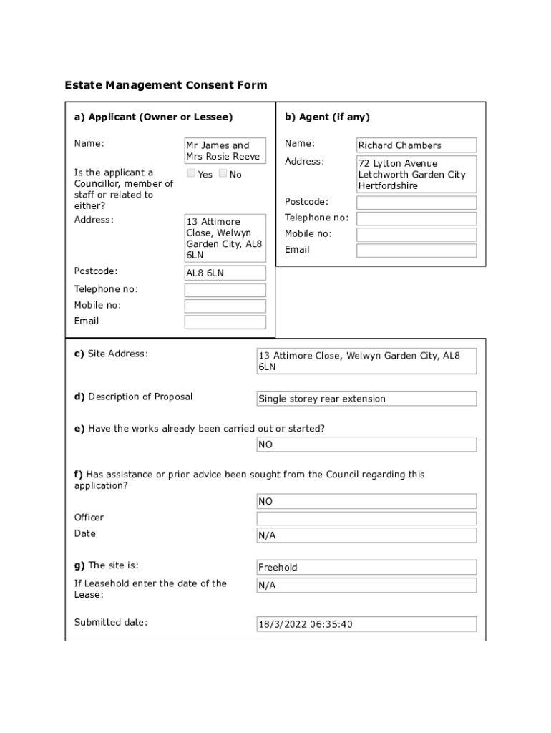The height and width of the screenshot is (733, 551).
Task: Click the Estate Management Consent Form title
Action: click(x=166, y=85)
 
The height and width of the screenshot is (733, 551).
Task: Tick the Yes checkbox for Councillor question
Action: click(x=191, y=173)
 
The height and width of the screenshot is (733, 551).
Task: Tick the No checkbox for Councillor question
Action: click(x=223, y=173)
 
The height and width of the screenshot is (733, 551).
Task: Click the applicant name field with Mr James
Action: click(x=225, y=151)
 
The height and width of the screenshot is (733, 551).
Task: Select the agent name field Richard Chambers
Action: click(x=416, y=145)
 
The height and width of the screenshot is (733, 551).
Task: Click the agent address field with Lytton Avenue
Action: click(x=416, y=175)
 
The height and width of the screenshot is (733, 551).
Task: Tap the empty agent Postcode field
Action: click(x=416, y=203)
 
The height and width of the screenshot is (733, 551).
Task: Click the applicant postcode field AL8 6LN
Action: click(x=225, y=273)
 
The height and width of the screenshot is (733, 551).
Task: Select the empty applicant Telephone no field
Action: click(x=225, y=290)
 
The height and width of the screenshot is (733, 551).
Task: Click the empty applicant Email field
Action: click(x=225, y=322)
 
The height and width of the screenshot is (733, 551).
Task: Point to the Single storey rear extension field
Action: click(x=366, y=399)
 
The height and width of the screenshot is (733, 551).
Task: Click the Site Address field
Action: click(x=366, y=361)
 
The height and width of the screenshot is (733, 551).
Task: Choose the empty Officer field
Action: click(x=366, y=518)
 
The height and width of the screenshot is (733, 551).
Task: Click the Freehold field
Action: click(x=366, y=568)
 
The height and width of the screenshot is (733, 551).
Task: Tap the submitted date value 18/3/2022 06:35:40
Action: click(x=366, y=624)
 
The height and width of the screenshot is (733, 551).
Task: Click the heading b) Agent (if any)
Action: click(x=327, y=117)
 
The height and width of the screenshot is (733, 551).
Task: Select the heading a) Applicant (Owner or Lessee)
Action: click(x=153, y=117)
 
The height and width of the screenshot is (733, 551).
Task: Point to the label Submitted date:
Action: click(x=110, y=622)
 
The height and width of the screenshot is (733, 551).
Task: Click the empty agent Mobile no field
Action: click(x=416, y=235)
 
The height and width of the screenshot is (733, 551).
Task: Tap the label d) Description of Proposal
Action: click(x=133, y=397)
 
